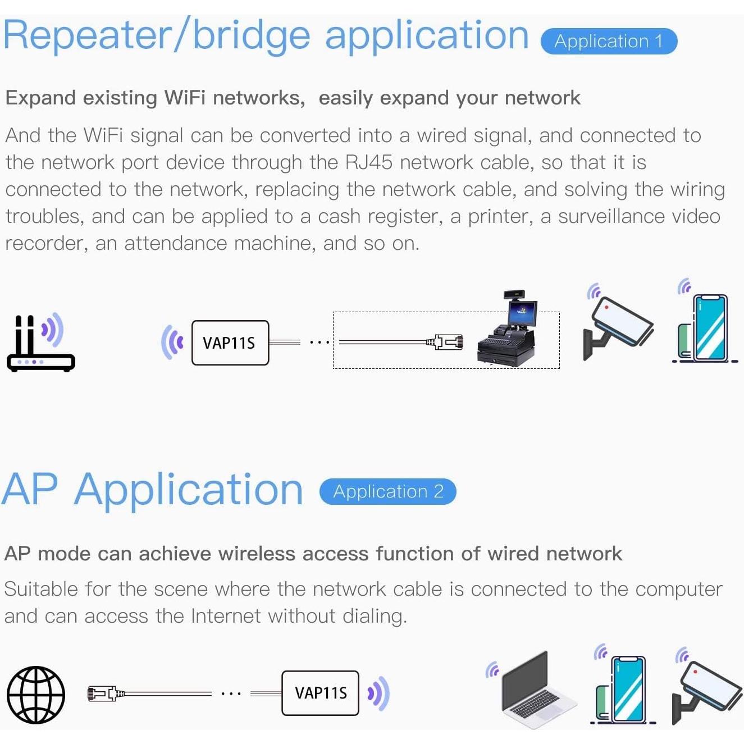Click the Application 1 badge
tap(609, 42)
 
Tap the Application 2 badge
tap(388, 492)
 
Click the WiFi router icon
tap(39, 344)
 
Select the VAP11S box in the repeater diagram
tap(230, 343)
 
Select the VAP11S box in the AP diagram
tap(320, 693)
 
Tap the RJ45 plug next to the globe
tap(103, 694)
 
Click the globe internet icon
tap(36, 695)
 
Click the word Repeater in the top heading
tap(87, 36)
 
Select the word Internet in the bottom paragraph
tap(225, 617)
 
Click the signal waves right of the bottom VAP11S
tap(379, 693)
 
